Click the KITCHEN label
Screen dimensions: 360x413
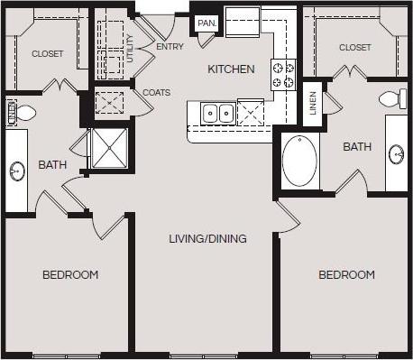click(x=232, y=69)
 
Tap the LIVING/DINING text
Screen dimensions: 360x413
click(x=208, y=239)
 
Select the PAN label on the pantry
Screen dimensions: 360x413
click(x=206, y=23)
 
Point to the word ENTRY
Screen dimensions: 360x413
click(x=170, y=46)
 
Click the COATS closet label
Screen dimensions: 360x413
click(x=156, y=92)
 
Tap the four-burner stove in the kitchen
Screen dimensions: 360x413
click(x=283, y=74)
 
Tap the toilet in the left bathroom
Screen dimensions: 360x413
click(x=24, y=113)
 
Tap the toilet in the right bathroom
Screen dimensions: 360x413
click(x=390, y=99)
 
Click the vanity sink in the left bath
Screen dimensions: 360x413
click(x=17, y=170)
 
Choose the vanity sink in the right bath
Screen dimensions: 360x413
click(x=397, y=154)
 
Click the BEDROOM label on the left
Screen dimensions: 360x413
click(x=70, y=274)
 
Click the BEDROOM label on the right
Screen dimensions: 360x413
click(x=346, y=274)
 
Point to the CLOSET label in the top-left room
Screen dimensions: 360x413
click(x=48, y=54)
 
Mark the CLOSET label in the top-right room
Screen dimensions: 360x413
click(x=355, y=47)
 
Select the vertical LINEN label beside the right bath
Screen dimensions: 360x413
click(x=312, y=101)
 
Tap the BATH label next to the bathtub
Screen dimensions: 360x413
click(x=357, y=146)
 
